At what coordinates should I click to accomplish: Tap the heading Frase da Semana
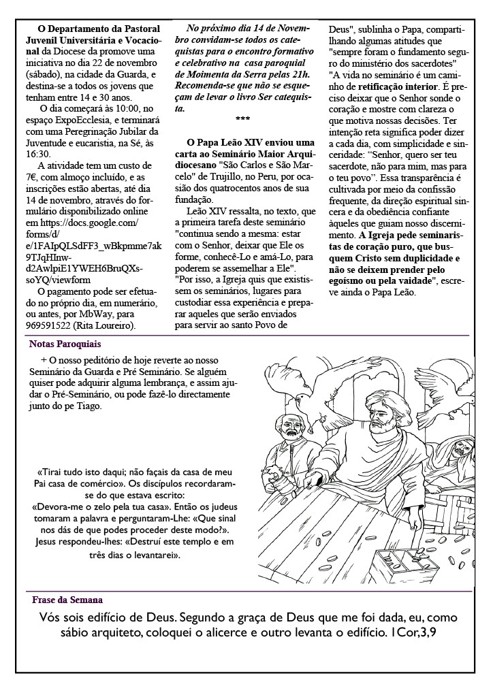tap(67, 600)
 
